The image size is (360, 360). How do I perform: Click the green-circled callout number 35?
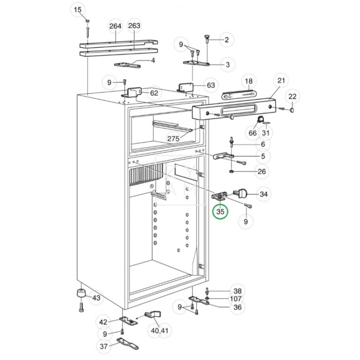pyautogui.click(x=220, y=211)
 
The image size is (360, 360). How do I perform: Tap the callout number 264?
pyautogui.click(x=115, y=26)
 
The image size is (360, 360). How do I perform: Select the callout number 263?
pyautogui.click(x=134, y=26)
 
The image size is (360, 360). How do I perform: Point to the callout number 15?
pyautogui.click(x=77, y=9)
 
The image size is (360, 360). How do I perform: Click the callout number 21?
pyautogui.click(x=281, y=81)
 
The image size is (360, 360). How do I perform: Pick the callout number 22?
pyautogui.click(x=292, y=96)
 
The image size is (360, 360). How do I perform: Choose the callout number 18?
pyautogui.click(x=249, y=81)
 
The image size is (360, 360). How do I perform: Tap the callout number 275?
pyautogui.click(x=173, y=139)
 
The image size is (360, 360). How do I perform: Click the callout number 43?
pyautogui.click(x=96, y=298)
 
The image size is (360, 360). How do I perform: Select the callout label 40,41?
pyautogui.click(x=160, y=331)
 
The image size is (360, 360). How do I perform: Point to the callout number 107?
pyautogui.click(x=236, y=299)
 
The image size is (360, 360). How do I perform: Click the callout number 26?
pyautogui.click(x=262, y=171)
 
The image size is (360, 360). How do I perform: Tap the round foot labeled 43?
pyautogui.click(x=81, y=293)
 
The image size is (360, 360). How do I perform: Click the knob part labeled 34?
pyautogui.click(x=241, y=193)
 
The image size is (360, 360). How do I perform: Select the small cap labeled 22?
pyautogui.click(x=292, y=110)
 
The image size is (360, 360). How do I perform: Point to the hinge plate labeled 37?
pyautogui.click(x=128, y=343)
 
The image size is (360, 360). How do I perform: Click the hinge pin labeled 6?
pyautogui.click(x=231, y=142)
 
